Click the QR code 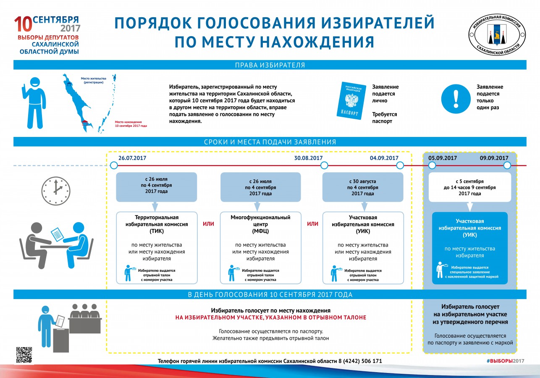(24, 355)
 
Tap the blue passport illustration (351, 100)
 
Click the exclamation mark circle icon (456, 99)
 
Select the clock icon (56, 191)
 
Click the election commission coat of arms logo (497, 35)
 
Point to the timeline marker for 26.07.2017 (114, 165)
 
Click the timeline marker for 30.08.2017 (324, 165)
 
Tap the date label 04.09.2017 (384, 158)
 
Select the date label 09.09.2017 (494, 158)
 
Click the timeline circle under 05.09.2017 (432, 165)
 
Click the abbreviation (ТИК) (157, 231)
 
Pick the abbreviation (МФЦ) (260, 231)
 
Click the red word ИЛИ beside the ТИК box (208, 224)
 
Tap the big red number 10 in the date (23, 24)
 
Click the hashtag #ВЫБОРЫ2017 (506, 361)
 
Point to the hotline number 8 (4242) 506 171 (360, 361)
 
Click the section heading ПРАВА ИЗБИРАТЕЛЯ (270, 65)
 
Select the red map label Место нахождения (128, 122)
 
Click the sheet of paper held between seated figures (58, 234)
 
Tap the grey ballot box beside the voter (61, 340)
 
